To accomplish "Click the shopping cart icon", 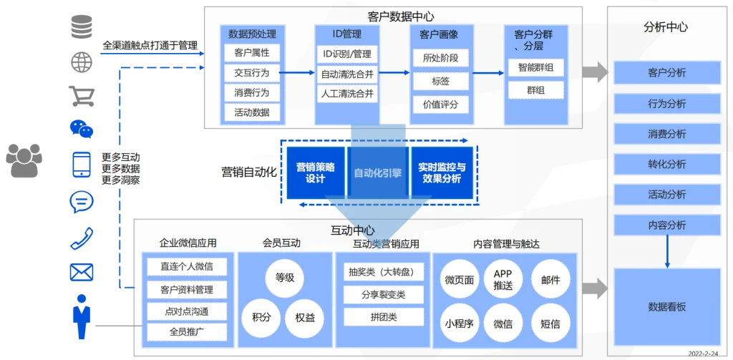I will pos(81,96).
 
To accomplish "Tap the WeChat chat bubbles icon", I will pos(81,130).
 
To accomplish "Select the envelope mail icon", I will pos(81,272).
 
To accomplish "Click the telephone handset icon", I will pos(81,238).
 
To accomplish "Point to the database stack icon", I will pos(81,28).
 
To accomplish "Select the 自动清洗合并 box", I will pos(347,74).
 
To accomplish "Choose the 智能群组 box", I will pos(535,68).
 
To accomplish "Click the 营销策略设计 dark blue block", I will pos(316,172).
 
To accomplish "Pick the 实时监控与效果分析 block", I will pos(442,172).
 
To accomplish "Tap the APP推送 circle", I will pos(503,280).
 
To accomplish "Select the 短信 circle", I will pos(550,323).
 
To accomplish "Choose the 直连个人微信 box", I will pos(187,266).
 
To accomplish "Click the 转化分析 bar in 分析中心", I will pos(666,164).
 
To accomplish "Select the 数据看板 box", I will pos(666,306).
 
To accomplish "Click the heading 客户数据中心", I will pos(400,16).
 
